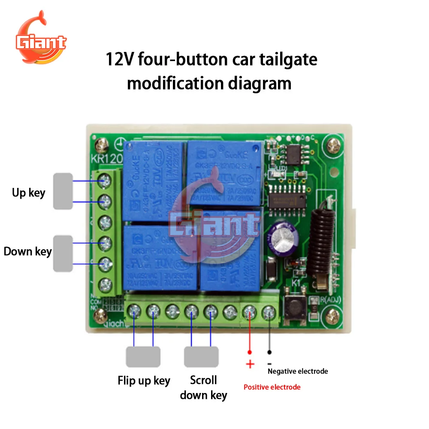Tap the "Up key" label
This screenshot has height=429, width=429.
(28, 193)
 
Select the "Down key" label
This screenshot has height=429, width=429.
(27, 251)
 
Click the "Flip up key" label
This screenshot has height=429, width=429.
(144, 381)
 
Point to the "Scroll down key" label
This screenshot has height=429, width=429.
(203, 387)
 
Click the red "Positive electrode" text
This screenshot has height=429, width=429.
(272, 387)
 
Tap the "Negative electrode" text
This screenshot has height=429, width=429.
(298, 371)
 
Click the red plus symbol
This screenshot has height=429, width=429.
(250, 365)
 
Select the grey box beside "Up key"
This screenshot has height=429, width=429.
(63, 191)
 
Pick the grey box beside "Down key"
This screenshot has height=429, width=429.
(63, 253)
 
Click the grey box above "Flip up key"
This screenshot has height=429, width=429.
(143, 356)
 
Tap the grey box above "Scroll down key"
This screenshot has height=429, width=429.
(201, 356)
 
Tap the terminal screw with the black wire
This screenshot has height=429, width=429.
(269, 311)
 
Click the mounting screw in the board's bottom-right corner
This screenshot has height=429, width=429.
(332, 318)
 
